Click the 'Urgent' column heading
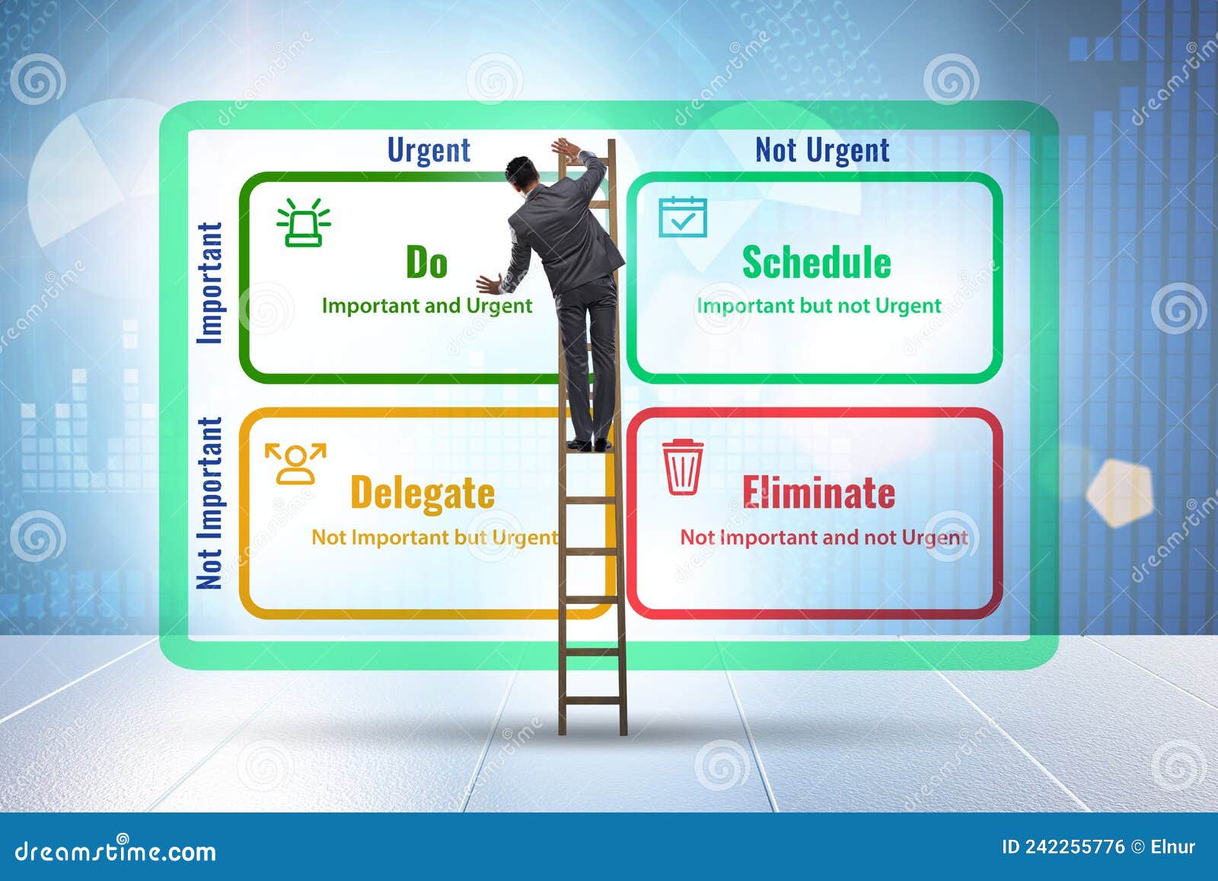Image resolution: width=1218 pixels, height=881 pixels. click(x=429, y=150)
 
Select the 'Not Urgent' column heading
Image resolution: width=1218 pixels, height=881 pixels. click(x=821, y=150)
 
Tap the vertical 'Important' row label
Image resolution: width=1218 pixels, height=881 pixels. click(x=210, y=282)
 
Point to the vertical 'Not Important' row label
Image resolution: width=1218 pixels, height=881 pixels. click(x=209, y=503)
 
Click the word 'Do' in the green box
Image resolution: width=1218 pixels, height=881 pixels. click(x=426, y=263)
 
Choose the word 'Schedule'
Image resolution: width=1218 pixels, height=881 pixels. click(x=816, y=263)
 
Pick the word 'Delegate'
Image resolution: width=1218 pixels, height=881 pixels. click(x=422, y=493)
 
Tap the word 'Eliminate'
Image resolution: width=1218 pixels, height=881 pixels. click(x=818, y=493)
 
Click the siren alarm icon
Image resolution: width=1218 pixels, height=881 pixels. click(x=303, y=222)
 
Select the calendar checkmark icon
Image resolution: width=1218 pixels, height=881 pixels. click(x=682, y=217)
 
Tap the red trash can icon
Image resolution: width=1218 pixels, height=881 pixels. click(x=682, y=468)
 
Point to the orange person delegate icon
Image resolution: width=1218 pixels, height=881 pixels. click(x=295, y=463)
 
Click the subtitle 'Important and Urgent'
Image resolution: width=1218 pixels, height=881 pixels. click(x=426, y=306)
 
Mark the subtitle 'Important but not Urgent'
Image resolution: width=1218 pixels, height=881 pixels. click(x=818, y=306)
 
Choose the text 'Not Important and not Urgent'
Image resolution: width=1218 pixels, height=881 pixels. click(x=824, y=538)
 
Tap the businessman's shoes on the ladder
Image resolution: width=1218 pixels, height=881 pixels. click(x=590, y=444)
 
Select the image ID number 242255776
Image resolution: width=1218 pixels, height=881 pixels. click(x=1073, y=847)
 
